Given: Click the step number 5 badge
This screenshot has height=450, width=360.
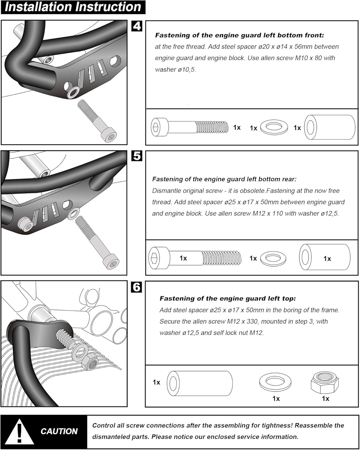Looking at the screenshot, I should coord(137,156).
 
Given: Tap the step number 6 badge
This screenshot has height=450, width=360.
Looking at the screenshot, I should coord(137,287).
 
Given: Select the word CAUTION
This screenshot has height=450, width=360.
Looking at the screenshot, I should coord(59,431).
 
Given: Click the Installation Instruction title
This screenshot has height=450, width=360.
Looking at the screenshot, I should coord(73,7).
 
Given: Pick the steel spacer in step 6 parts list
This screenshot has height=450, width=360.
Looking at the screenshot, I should coord(200,382).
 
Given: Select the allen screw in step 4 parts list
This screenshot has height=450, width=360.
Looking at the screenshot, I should coord(189,127).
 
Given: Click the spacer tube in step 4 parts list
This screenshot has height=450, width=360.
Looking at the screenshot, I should coord(330,127).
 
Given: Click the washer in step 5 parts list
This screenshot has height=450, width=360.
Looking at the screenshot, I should coord(273,258).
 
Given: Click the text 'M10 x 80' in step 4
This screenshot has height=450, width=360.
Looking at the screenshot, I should coord(309,58).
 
